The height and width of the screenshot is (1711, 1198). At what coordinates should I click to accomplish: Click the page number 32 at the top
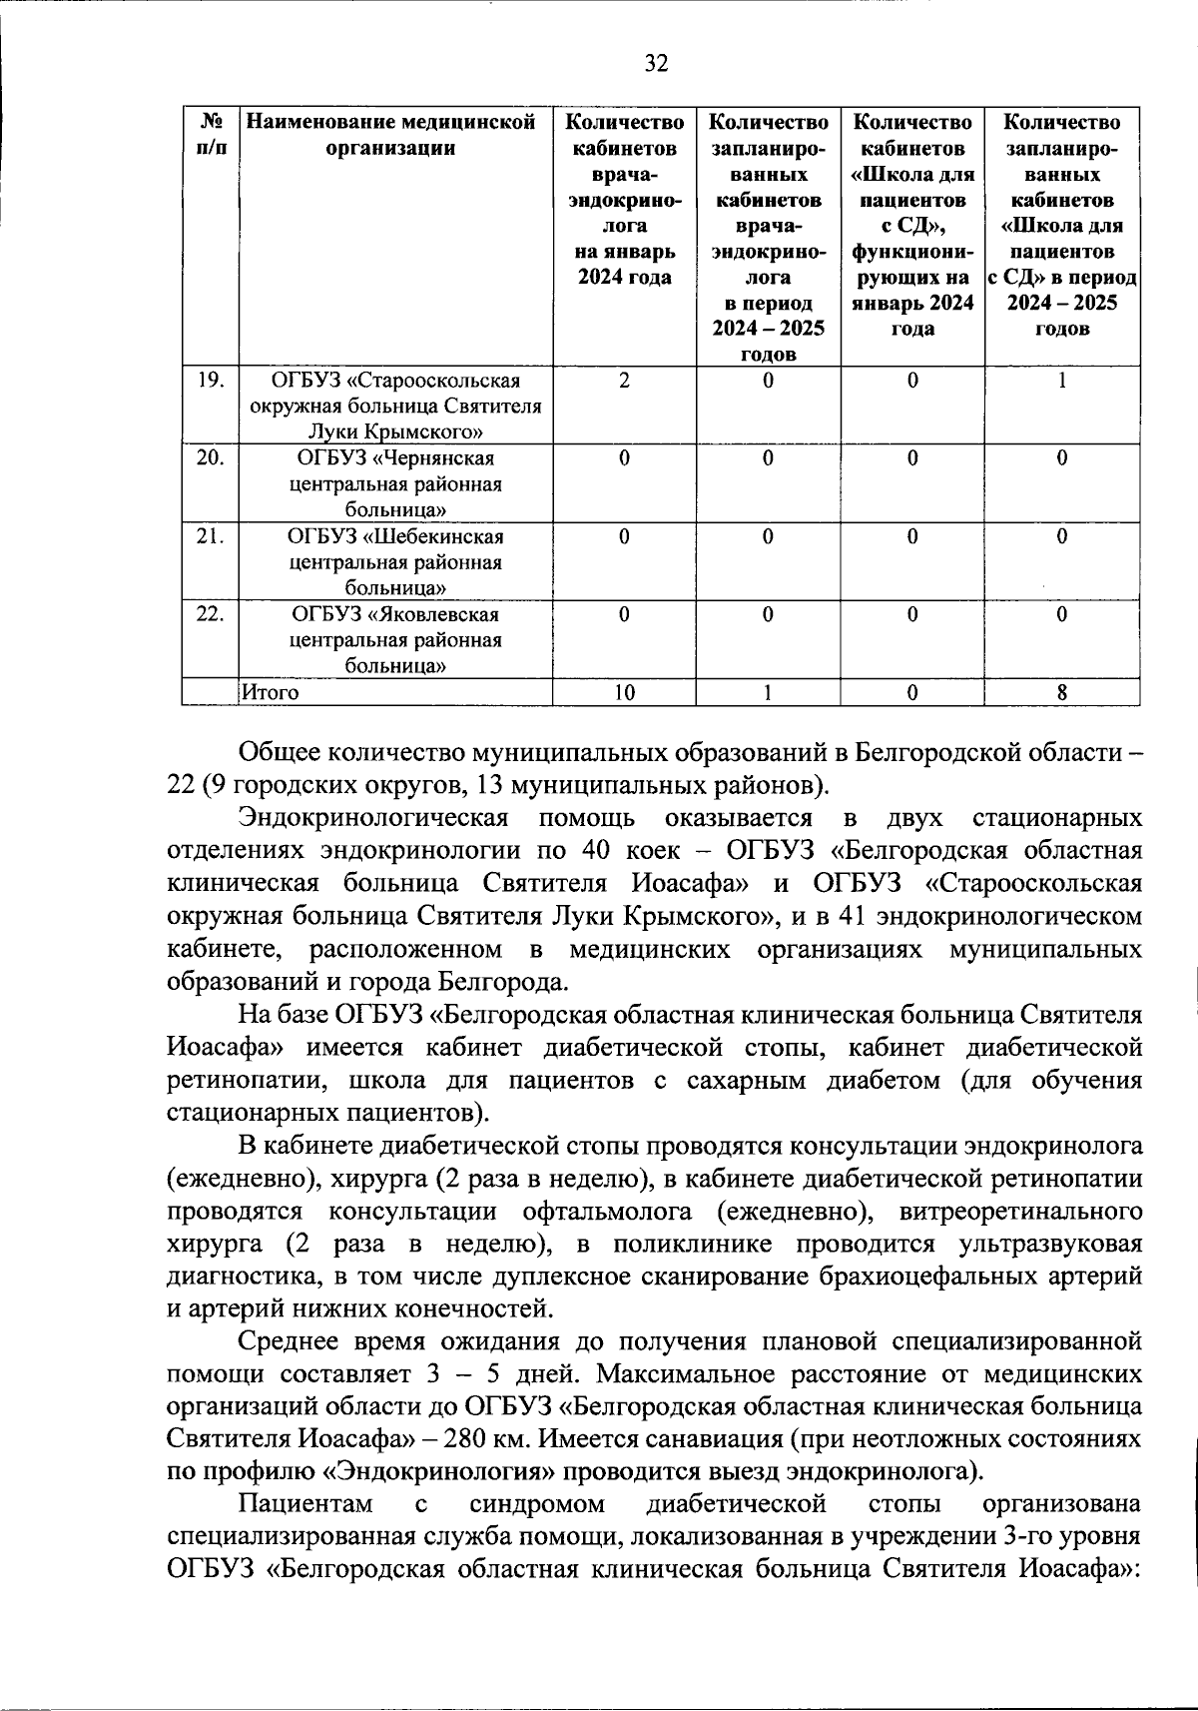(655, 65)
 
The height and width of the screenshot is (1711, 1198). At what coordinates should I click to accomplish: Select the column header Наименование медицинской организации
(392, 135)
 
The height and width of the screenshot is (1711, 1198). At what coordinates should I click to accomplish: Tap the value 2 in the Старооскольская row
(623, 381)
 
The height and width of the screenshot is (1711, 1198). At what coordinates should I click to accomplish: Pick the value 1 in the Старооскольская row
(1061, 381)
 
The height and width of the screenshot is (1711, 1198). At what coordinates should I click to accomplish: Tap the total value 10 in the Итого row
(623, 692)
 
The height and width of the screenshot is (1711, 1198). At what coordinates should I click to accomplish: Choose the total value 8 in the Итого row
(1061, 692)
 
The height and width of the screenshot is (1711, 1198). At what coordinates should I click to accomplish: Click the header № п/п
(210, 135)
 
